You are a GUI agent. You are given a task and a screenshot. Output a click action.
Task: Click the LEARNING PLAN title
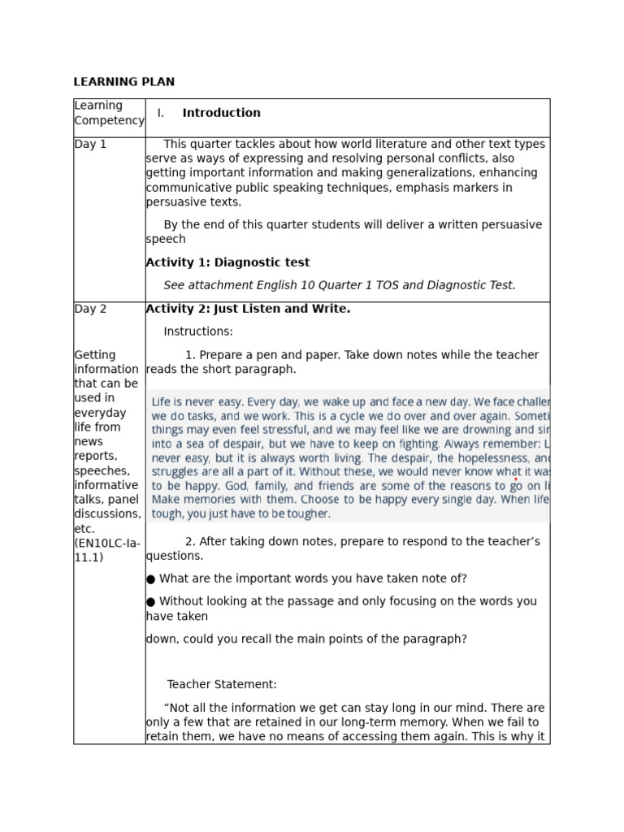point(123,82)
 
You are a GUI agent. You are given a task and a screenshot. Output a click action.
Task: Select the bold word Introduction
point(221,113)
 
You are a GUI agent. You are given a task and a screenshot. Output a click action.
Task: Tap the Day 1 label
point(90,145)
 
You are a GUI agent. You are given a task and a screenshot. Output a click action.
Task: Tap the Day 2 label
point(90,309)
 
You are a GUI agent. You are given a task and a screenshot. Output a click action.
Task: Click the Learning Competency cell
point(109,113)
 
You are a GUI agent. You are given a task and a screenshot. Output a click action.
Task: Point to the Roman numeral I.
point(161,113)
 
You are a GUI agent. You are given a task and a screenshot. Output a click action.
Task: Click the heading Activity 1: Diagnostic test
point(227,262)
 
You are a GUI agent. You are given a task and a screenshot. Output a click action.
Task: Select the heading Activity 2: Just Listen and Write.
point(248,309)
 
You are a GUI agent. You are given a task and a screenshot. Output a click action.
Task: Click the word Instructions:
point(198,331)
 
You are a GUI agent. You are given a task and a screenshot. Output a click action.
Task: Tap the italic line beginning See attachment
point(340,285)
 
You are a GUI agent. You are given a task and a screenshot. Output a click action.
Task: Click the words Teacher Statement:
point(222,685)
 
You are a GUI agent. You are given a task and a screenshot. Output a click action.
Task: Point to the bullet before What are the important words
point(150,579)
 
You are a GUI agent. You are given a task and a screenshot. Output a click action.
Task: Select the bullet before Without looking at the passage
point(150,602)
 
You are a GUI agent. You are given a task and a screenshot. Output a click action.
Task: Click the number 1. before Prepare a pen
point(190,355)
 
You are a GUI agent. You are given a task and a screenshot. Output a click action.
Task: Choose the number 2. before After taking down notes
point(190,542)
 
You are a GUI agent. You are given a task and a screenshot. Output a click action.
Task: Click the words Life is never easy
point(196,402)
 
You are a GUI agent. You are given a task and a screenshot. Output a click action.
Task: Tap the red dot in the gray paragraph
point(516,480)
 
